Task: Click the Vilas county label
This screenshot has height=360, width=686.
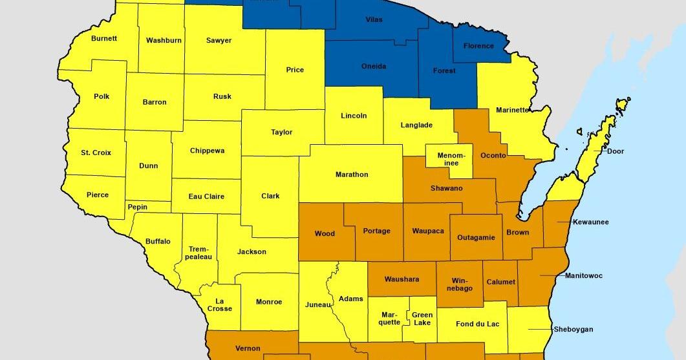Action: (374, 20)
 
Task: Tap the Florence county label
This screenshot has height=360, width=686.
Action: (478, 46)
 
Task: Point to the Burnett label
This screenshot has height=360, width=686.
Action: (104, 39)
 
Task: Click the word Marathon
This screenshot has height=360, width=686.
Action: (352, 175)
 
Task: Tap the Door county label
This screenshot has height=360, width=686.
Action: (616, 151)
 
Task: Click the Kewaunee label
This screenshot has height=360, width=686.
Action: (590, 222)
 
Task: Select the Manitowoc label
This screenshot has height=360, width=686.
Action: (583, 276)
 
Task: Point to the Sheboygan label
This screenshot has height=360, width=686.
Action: (573, 329)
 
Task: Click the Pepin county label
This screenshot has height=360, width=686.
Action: (138, 207)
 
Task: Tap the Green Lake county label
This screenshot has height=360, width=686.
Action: (423, 319)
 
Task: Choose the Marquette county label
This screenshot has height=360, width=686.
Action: (389, 319)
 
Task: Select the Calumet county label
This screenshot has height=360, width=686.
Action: (500, 282)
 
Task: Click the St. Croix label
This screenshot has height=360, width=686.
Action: (96, 153)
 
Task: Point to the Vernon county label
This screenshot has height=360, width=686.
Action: (248, 348)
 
